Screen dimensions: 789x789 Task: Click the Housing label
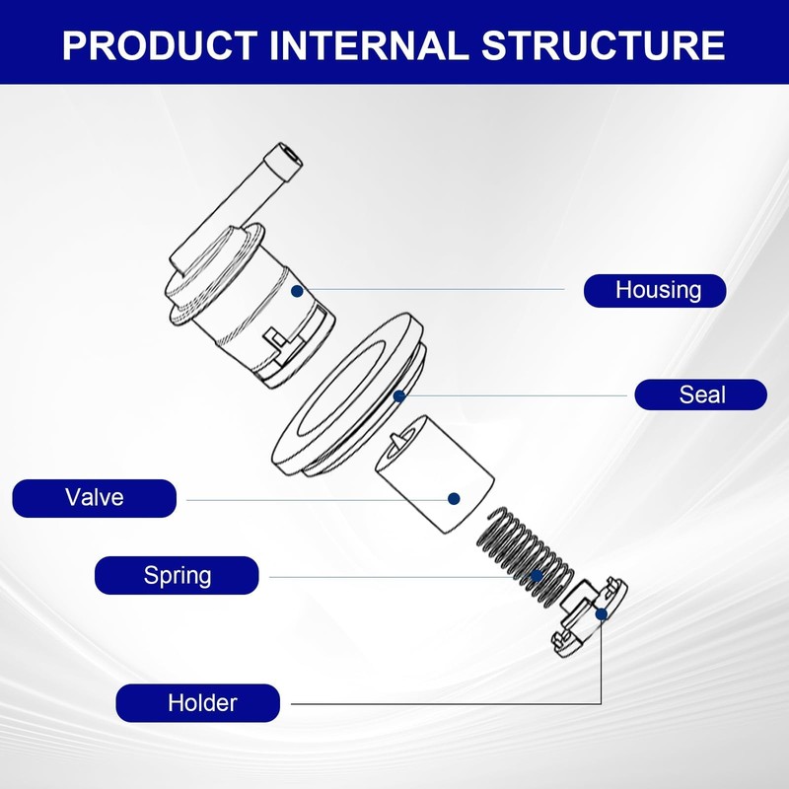tap(655, 290)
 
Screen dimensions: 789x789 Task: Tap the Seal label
tap(701, 394)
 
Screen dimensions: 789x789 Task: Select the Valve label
tap(94, 498)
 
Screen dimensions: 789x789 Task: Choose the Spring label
tap(177, 575)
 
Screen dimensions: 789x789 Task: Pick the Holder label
tap(198, 703)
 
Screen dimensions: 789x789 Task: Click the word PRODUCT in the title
tap(160, 45)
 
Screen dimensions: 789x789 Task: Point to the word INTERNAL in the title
tap(369, 45)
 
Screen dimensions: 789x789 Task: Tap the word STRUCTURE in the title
tap(603, 45)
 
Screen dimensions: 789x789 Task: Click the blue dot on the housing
tap(297, 291)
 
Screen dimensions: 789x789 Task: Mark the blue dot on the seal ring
tap(399, 396)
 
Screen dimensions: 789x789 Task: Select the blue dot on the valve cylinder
tap(454, 499)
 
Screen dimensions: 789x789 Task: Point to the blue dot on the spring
tap(537, 576)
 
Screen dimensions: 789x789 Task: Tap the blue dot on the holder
tap(602, 614)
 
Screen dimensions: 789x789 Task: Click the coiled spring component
tap(525, 555)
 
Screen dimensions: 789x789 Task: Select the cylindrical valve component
tap(435, 474)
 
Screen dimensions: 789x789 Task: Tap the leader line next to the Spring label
tap(399, 577)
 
